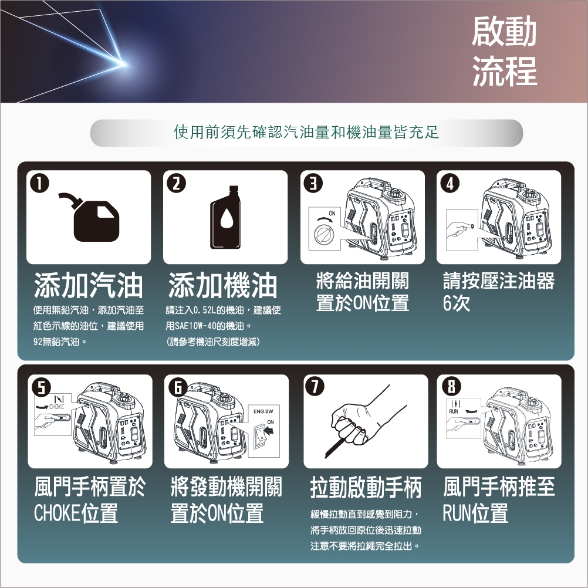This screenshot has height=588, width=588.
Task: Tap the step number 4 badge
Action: coord(450,183)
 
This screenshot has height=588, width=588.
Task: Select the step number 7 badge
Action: coord(315,387)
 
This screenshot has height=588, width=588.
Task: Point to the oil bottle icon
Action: coord(225,217)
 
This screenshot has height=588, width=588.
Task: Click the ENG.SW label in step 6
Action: coord(263,411)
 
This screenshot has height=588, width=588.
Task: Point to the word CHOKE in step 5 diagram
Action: coord(56,407)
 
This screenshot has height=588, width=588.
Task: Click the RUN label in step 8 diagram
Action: coord(454,411)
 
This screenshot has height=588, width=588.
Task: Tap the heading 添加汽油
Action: coord(89,286)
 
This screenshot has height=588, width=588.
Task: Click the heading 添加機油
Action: coord(223,286)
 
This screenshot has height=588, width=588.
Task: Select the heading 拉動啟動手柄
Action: coord(366,488)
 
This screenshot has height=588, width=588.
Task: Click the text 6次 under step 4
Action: coord(457,303)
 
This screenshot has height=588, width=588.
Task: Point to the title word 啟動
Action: coord(504,32)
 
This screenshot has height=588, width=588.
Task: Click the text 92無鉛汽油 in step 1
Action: coord(57,342)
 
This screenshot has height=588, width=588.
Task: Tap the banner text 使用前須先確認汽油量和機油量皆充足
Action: coord(306,133)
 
